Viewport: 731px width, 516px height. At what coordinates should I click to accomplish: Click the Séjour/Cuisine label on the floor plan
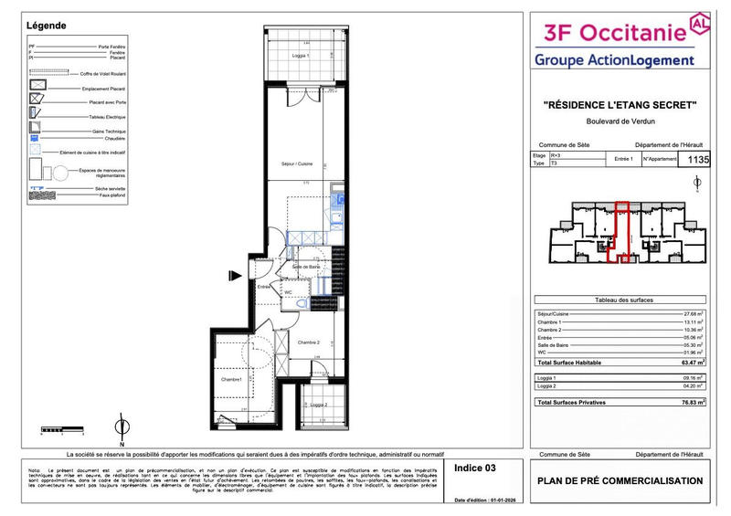(x=297, y=163)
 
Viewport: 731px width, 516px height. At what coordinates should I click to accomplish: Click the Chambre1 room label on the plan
(x=231, y=379)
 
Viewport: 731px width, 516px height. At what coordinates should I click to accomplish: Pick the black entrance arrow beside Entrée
(x=236, y=274)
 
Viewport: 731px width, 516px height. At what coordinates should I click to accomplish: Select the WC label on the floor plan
(x=288, y=292)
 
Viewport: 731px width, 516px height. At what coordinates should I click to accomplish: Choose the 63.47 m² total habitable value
(x=691, y=363)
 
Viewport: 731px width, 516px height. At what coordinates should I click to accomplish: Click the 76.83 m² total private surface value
(x=691, y=402)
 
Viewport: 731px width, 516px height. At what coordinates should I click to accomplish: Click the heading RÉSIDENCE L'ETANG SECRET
(x=620, y=106)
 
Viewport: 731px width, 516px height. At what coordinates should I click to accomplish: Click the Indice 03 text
(x=475, y=468)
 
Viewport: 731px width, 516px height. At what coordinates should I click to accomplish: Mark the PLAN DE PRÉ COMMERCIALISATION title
(x=620, y=481)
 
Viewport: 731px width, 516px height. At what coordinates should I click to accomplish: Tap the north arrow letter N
(x=121, y=422)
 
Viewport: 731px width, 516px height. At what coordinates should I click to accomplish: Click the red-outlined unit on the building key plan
(x=621, y=232)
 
